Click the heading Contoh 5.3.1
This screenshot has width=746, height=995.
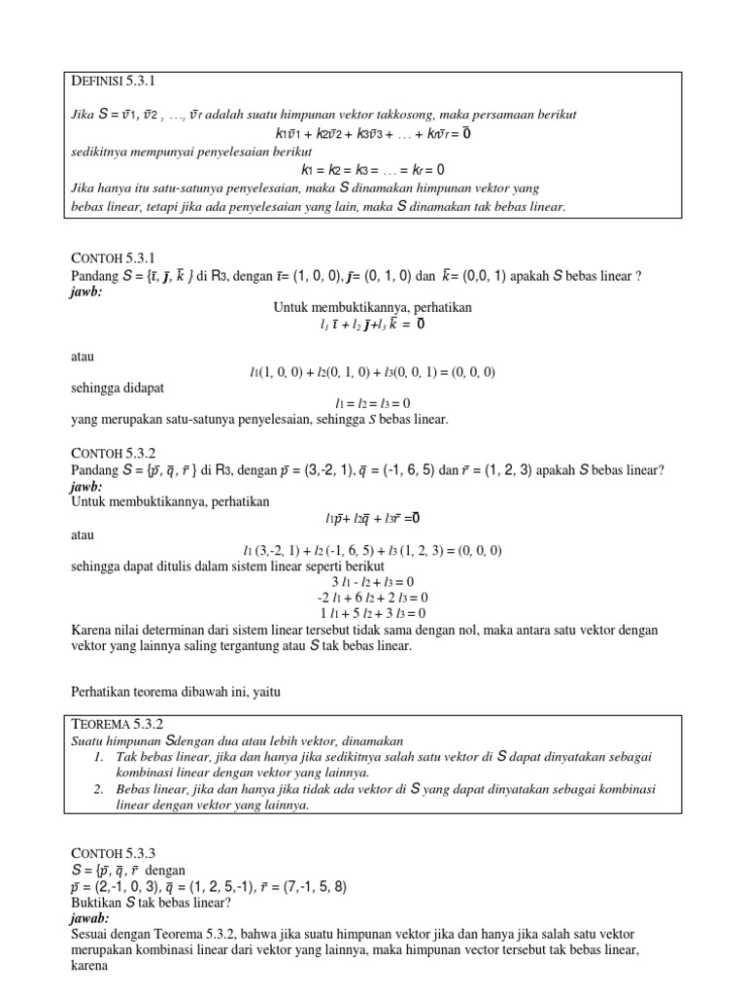pos(113,257)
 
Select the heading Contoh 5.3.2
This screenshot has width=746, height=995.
pos(114,453)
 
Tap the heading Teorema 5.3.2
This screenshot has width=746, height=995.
pos(116,724)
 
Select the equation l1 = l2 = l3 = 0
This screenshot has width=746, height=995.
pos(373,402)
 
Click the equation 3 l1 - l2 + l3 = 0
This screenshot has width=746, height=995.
pos(373,581)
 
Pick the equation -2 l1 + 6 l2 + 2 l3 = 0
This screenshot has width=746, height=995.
pos(373,598)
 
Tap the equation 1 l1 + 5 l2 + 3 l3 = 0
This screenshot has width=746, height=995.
pos(373,613)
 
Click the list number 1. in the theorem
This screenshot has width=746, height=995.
pos(100,756)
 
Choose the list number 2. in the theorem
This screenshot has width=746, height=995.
pos(100,788)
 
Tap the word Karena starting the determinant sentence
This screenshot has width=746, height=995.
pos(94,630)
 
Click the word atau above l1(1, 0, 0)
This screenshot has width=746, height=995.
pos(84,357)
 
